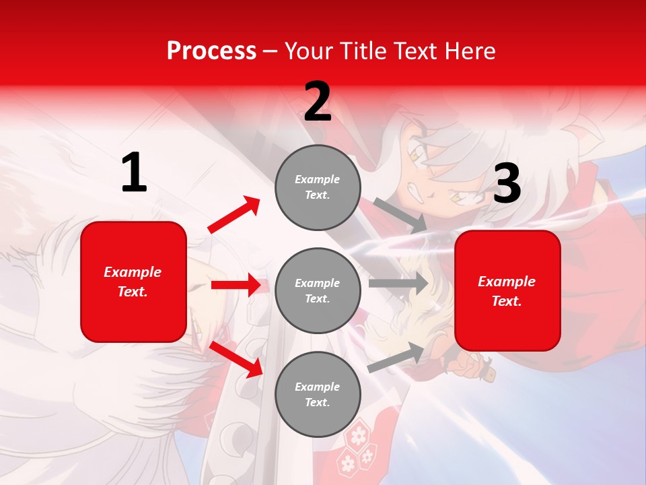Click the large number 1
[134, 173]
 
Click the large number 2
[318, 102]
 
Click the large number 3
[507, 184]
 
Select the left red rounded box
[133, 282]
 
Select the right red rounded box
[507, 290]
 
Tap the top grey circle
[318, 187]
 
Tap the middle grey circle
[318, 290]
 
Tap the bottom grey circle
[318, 394]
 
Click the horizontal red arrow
[236, 285]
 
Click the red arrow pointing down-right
[236, 359]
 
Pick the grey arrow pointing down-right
[400, 215]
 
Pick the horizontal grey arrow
[398, 284]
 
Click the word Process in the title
[211, 51]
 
